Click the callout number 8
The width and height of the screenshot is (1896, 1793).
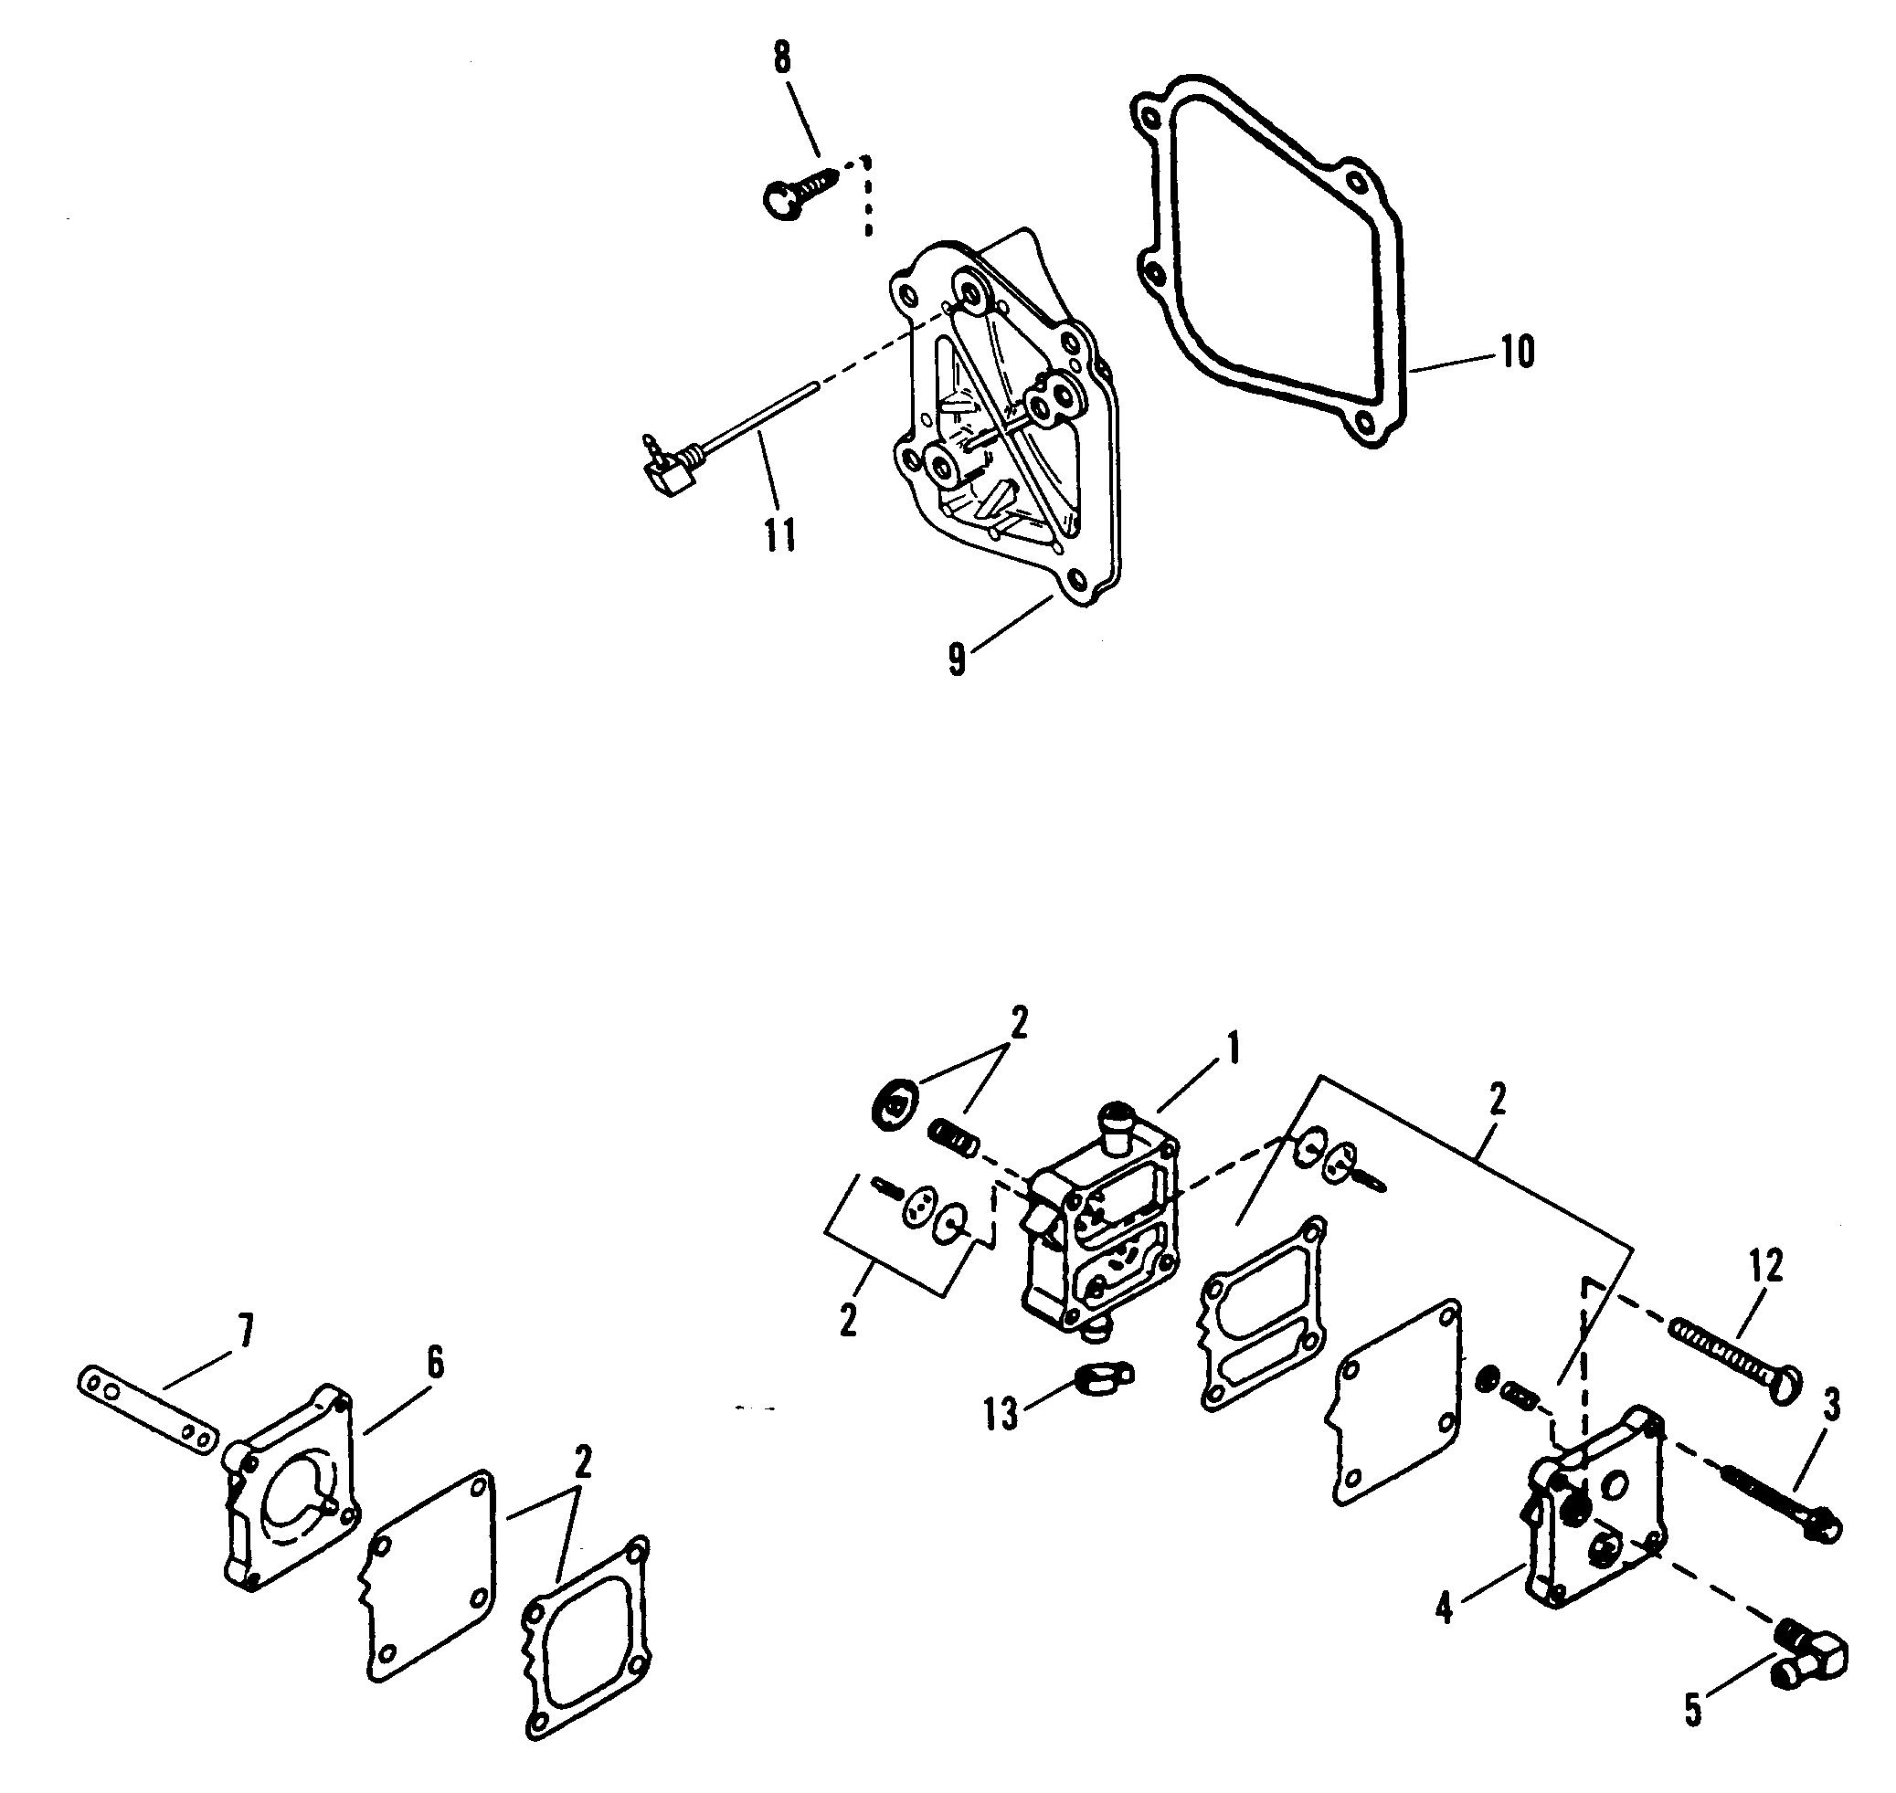pyautogui.click(x=782, y=58)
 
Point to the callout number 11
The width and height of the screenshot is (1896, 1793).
pyautogui.click(x=779, y=535)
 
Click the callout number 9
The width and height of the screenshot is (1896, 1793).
pyautogui.click(x=957, y=660)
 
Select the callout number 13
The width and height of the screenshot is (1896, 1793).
pyautogui.click(x=1002, y=1415)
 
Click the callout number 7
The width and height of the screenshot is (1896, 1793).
pyautogui.click(x=245, y=1332)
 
